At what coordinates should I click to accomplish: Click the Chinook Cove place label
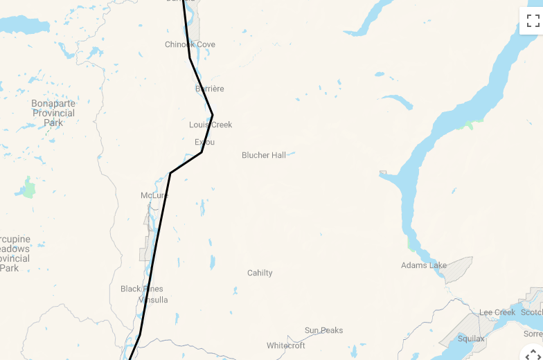[190, 44]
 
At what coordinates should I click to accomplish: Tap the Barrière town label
[210, 89]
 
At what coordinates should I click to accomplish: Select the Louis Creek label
[211, 125]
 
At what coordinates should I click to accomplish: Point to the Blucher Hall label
[264, 155]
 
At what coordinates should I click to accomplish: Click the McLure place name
[154, 195]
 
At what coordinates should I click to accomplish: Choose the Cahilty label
[260, 273]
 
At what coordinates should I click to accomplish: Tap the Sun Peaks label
[323, 330]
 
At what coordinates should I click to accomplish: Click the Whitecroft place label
[286, 345]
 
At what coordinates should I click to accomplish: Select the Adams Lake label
[424, 265]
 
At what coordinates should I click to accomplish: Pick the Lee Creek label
[497, 312]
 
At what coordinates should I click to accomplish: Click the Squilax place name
[471, 339]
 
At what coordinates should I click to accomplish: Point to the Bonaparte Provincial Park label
[53, 113]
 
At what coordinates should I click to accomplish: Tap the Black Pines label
[141, 289]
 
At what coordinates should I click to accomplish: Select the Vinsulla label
[153, 300]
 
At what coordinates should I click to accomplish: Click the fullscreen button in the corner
[533, 20]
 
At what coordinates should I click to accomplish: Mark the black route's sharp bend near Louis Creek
[212, 114]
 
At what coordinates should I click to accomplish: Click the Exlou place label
[204, 142]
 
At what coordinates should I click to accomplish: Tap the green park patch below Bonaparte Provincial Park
[28, 188]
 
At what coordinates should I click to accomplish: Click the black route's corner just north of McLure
[170, 172]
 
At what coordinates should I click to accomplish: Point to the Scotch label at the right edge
[532, 312]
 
